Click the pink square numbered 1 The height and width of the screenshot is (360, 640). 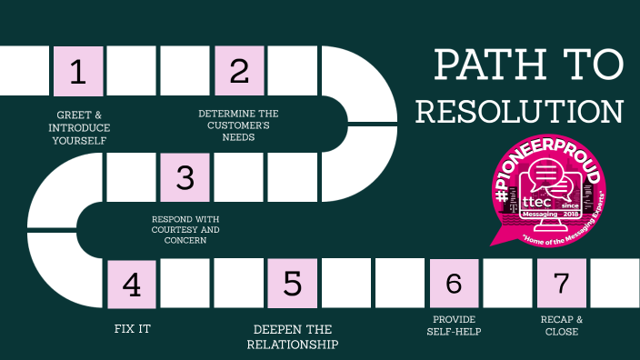78,72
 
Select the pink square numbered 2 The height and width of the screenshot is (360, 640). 239,72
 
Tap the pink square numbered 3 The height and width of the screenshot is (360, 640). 185,177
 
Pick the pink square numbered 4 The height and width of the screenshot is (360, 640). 132,284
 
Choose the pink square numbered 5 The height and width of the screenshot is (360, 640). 293,284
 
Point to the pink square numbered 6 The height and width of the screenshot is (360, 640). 454,284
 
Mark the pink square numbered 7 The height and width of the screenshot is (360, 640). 561,284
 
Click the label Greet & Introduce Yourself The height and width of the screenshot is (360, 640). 79,128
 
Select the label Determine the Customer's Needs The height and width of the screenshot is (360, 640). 238,125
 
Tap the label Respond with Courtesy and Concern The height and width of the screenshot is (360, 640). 185,230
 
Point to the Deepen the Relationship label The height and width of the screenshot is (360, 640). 292,336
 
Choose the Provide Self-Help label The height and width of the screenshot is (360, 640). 454,325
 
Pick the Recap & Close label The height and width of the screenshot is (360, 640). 560,325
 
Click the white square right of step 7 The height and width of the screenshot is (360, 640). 615,284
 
